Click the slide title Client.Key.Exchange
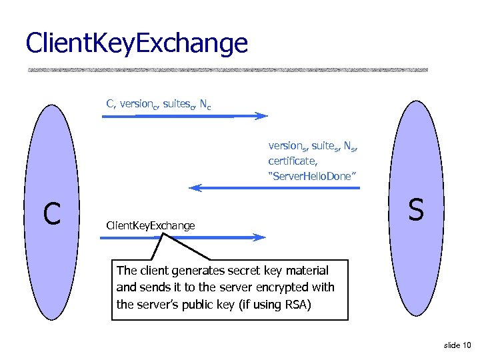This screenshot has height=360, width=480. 136,43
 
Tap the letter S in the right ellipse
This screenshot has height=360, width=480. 416,210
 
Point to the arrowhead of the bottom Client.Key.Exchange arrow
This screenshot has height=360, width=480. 260,237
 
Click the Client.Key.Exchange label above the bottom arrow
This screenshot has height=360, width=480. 151,225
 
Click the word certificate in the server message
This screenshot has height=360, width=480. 291,161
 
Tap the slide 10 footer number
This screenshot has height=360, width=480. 457,345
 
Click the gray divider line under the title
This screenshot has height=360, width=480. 227,69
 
